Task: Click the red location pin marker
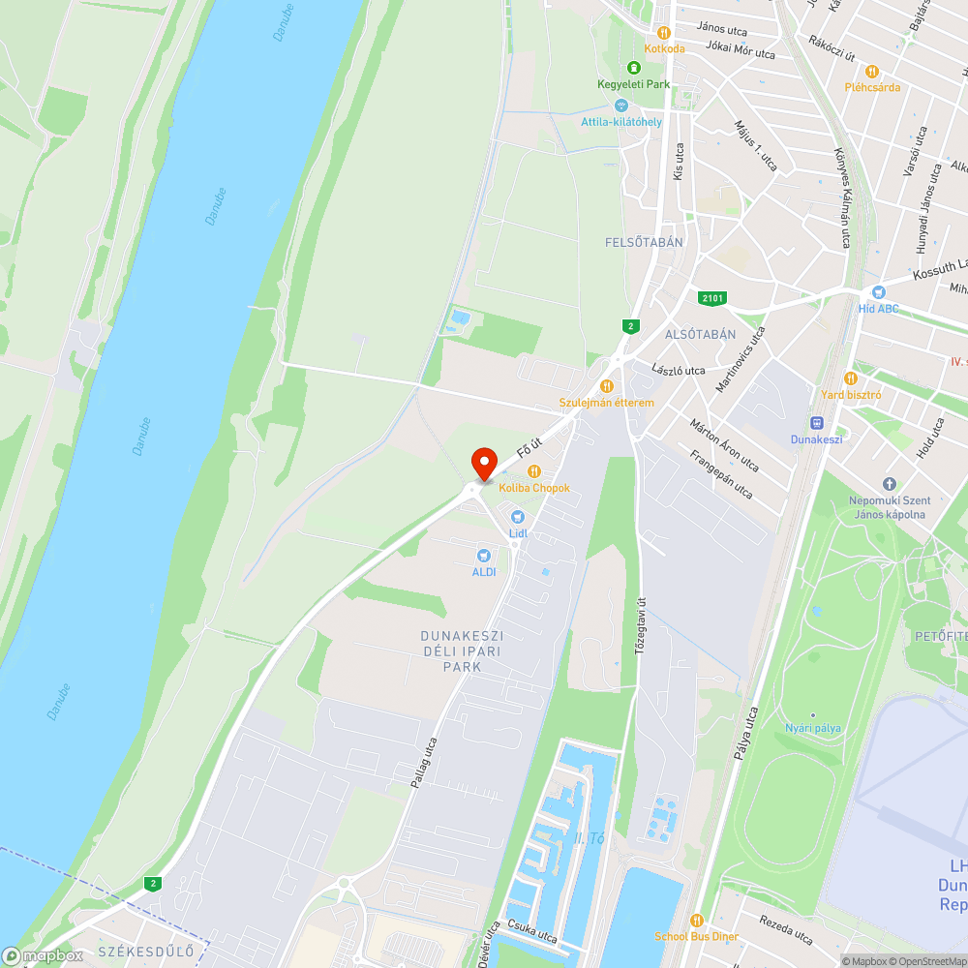click(483, 464)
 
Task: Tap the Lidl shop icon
click(517, 517)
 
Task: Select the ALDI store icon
click(484, 555)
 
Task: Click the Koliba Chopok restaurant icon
click(532, 470)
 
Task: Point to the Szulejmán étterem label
click(607, 403)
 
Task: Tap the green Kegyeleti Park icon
click(633, 68)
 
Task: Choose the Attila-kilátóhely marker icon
click(620, 105)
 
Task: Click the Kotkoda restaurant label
click(664, 48)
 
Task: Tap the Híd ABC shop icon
click(878, 291)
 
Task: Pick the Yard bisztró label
click(851, 394)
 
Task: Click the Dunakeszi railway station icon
click(817, 422)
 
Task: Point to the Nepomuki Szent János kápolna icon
click(889, 484)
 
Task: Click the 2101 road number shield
click(712, 298)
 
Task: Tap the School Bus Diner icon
click(696, 920)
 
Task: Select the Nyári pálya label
click(812, 728)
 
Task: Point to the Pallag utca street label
click(424, 762)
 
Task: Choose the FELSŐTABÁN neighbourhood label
click(645, 242)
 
